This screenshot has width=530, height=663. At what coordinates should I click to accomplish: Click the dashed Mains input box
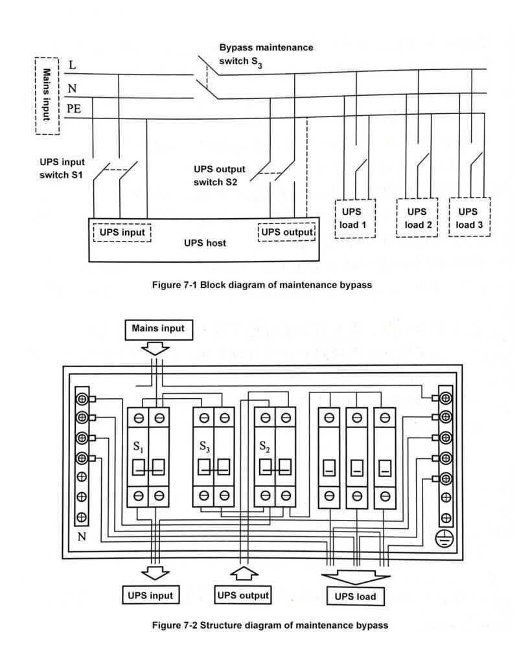[x=36, y=96]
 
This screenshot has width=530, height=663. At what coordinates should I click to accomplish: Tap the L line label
[x=73, y=65]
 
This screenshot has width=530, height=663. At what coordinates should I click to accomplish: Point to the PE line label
[x=74, y=109]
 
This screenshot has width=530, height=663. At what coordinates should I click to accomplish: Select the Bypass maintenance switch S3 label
[x=266, y=54]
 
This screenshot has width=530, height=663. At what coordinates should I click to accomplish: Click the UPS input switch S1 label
[x=62, y=168]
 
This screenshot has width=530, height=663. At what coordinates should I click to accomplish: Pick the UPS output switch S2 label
[x=219, y=175]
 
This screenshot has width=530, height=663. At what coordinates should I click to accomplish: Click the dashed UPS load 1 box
[x=336, y=218]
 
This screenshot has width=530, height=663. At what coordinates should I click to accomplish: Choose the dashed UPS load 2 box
[x=397, y=218]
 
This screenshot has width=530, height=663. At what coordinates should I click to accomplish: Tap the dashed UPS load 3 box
[x=450, y=217]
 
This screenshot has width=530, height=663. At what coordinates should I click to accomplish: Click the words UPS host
[x=205, y=243]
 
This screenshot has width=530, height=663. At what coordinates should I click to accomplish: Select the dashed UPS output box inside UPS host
[x=259, y=232]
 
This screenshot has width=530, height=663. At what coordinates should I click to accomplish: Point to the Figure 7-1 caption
[x=262, y=285]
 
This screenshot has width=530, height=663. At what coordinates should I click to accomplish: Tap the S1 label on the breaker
[x=138, y=447]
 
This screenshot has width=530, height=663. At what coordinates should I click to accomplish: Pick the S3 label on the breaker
[x=205, y=447]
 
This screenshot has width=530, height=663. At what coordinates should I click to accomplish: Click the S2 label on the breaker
[x=264, y=447]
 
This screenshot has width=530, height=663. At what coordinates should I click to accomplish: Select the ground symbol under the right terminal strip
[x=444, y=538]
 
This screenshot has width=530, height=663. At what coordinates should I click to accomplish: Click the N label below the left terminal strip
[x=82, y=537]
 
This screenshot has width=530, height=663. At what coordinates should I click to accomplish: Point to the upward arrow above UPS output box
[x=244, y=574]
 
